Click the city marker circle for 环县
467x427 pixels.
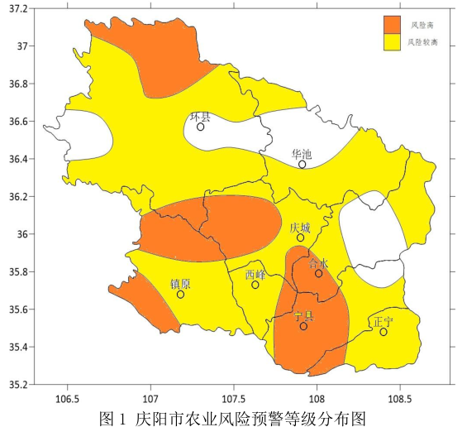coord(201,127)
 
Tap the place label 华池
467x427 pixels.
coord(302,154)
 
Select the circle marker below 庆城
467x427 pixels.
coord(301,237)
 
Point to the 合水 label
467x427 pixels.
coord(318,263)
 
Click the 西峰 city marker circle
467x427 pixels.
coord(255,285)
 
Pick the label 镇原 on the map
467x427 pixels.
coord(180,284)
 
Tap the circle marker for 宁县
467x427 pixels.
coord(303,326)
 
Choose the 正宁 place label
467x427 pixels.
coord(384,320)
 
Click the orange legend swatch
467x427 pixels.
coord(392,24)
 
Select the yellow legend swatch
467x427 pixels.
coord(392,41)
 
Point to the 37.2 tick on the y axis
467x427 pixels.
coord(17,8)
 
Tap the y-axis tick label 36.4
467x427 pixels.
coord(17,159)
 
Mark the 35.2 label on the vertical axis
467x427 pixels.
coord(17,385)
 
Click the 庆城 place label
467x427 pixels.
coord(301,227)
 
